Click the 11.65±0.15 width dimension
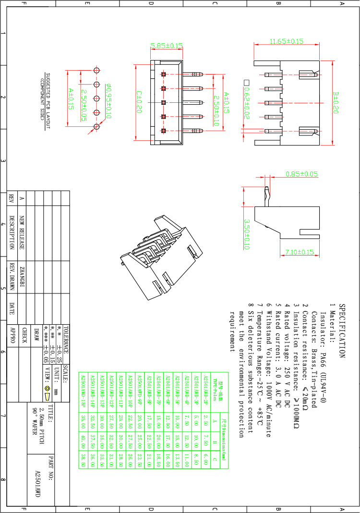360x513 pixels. tap(286, 42)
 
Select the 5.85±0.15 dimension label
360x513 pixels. tap(167, 46)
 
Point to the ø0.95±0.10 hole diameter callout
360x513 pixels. tap(108, 101)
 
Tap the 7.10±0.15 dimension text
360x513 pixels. tap(300, 252)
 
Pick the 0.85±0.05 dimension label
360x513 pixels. tap(302, 173)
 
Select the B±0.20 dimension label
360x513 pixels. tap(336, 102)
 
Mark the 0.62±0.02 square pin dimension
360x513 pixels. tap(247, 101)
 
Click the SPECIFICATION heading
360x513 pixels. tap(342, 331)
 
